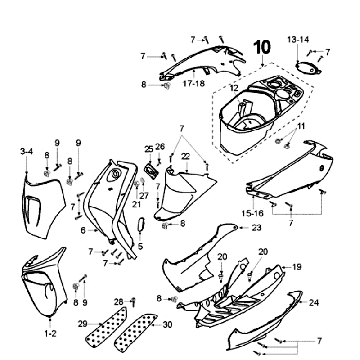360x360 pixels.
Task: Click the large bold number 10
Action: [262, 47]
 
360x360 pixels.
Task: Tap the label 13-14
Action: [298, 40]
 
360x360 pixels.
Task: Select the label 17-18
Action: [194, 83]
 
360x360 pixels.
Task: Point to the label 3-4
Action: [27, 152]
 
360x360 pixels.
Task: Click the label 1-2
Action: [50, 333]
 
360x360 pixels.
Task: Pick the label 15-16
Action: [253, 212]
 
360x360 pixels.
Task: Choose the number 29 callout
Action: [83, 324]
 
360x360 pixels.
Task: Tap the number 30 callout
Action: [168, 324]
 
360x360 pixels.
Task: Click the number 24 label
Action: [314, 303]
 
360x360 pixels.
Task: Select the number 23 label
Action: [256, 228]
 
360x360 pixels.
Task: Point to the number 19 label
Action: [297, 267]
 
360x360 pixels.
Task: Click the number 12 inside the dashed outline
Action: [234, 88]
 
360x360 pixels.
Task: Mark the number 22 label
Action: [185, 156]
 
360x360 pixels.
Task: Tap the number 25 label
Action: [149, 149]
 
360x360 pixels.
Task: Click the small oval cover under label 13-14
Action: [308, 68]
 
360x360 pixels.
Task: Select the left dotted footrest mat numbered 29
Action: [107, 327]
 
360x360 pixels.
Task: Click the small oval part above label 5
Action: [141, 224]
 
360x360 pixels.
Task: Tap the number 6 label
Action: [83, 230]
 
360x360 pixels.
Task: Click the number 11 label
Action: [301, 127]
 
